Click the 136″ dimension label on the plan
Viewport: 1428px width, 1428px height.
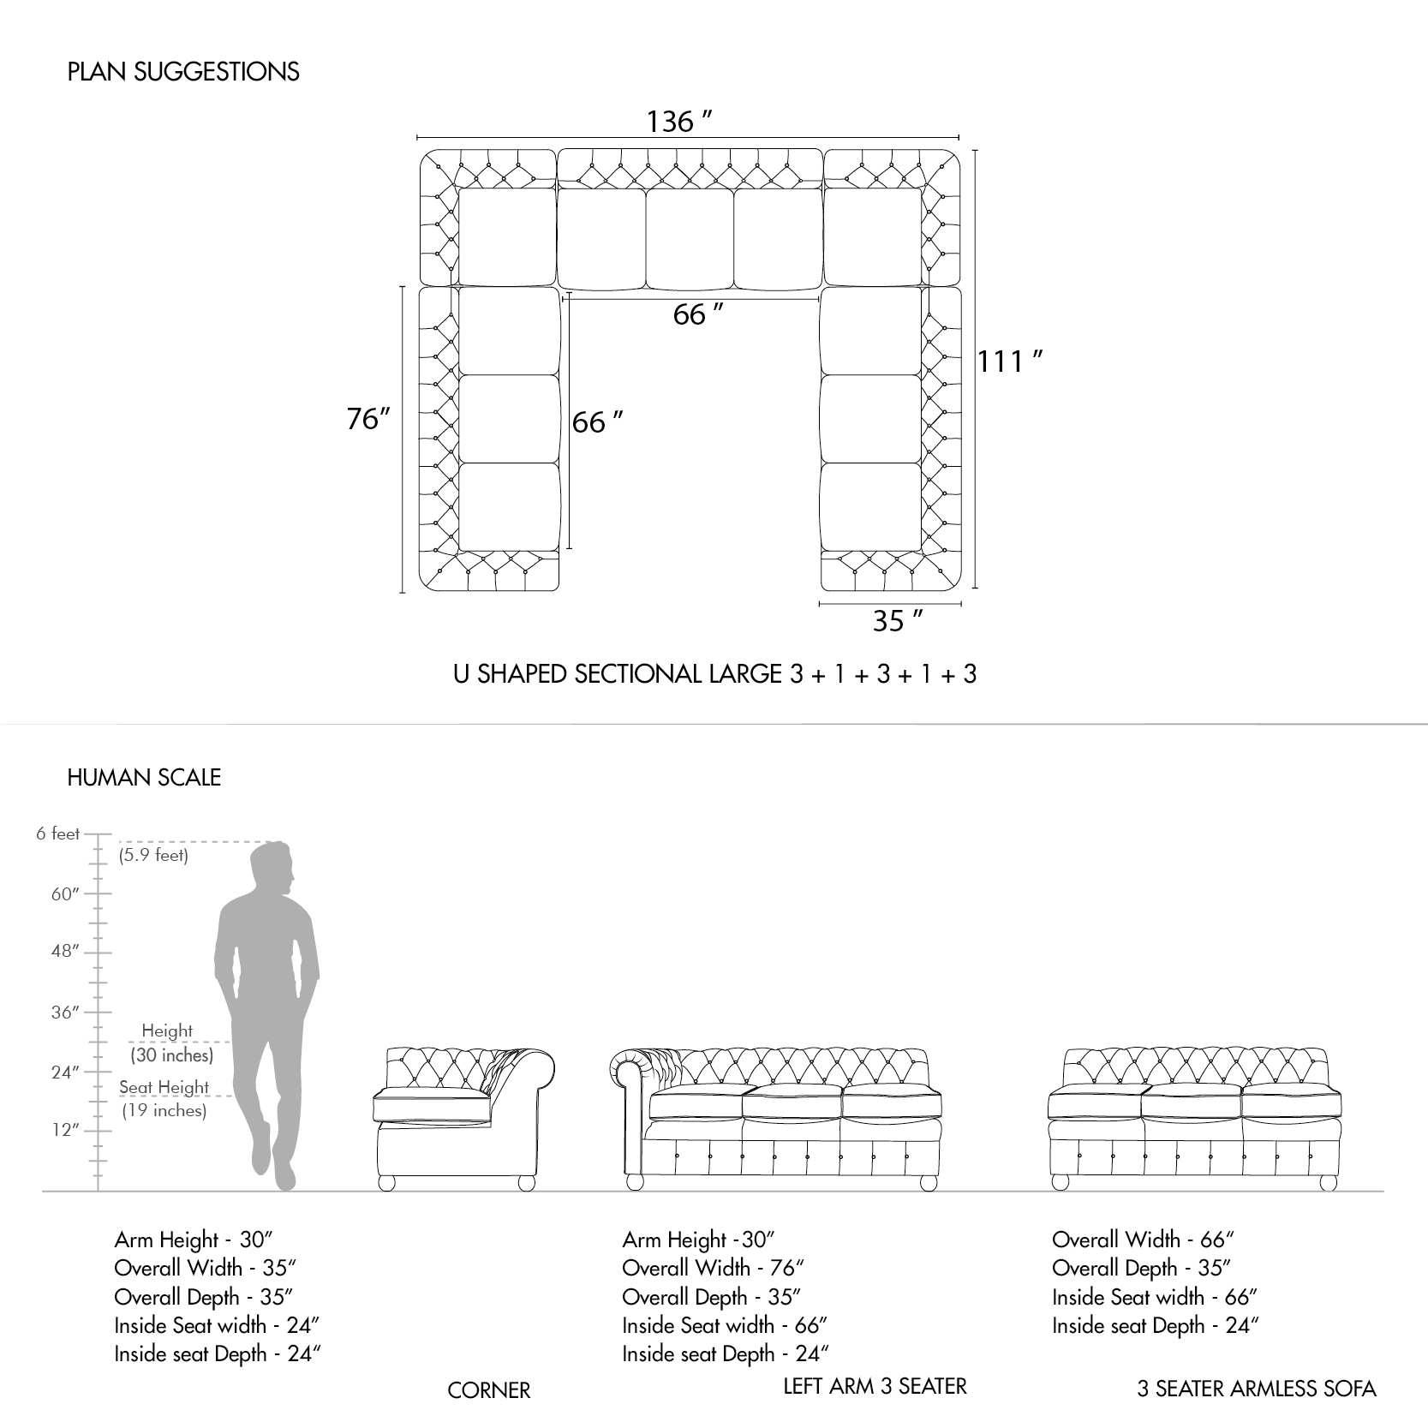pos(679,122)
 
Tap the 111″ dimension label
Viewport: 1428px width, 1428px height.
pos(1010,361)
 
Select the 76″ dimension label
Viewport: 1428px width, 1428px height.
pos(369,419)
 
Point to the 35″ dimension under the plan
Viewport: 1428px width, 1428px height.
pos(897,620)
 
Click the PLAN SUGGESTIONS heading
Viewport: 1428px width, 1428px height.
pos(183,71)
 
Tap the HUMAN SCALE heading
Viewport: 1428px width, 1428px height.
pos(144,777)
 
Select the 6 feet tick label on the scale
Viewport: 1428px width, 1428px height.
pos(57,833)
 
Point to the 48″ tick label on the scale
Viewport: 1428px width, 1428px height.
pos(64,951)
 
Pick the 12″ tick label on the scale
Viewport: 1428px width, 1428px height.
pos(64,1129)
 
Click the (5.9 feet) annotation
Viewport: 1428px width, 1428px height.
pos(153,855)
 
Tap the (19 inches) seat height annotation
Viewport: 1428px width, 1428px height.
pos(164,1110)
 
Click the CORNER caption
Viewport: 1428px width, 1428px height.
pos(489,1390)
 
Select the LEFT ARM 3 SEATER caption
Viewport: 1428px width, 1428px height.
pos(875,1386)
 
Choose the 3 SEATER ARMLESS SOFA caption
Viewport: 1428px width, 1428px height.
pos(1257,1389)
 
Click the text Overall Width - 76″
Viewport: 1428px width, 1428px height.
pos(714,1268)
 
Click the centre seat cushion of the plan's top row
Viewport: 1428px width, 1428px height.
pos(690,238)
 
